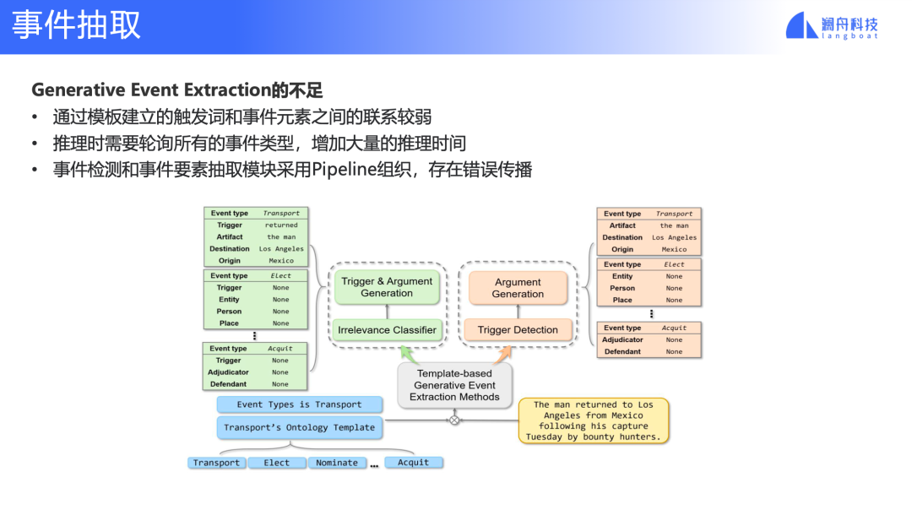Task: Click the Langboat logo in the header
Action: click(832, 25)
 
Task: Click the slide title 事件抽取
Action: click(76, 25)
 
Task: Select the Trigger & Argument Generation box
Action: click(387, 287)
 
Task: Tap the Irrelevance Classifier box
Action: click(387, 329)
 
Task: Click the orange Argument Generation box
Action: click(518, 288)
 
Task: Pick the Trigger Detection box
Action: click(518, 329)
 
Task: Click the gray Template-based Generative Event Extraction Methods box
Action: click(454, 385)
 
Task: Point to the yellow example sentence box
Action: click(594, 420)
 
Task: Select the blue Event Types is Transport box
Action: click(300, 404)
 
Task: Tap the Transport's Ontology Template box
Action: click(300, 427)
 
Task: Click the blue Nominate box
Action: click(337, 463)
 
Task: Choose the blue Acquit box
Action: click(413, 463)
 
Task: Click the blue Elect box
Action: click(276, 463)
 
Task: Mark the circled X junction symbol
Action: click(454, 420)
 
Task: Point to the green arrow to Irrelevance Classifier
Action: click(410, 355)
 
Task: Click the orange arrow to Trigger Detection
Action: click(502, 355)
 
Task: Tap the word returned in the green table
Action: click(281, 225)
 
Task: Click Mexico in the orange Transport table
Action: click(674, 249)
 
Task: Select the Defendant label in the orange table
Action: click(622, 352)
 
